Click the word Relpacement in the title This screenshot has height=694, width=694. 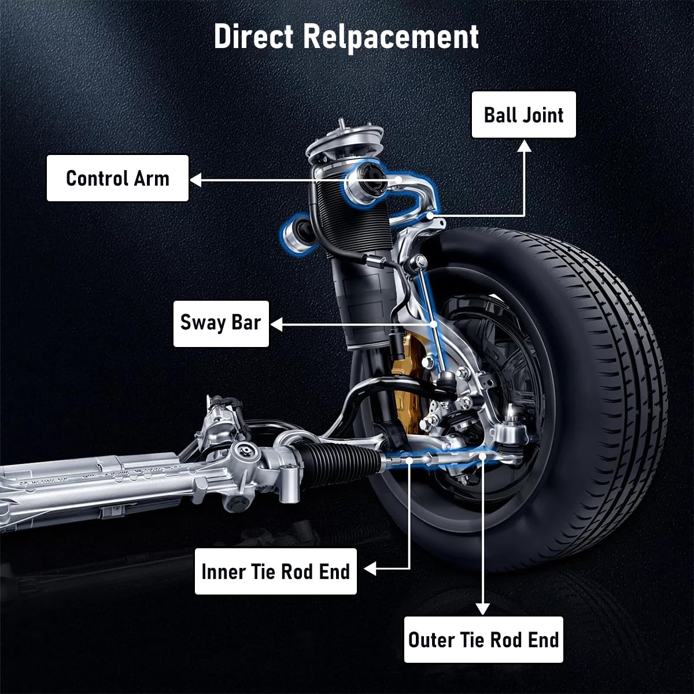(391, 37)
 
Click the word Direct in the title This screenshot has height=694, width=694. (254, 37)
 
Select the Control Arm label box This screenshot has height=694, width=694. (117, 178)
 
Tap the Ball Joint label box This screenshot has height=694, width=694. (523, 115)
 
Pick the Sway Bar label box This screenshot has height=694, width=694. (221, 323)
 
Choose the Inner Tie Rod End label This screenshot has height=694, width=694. (275, 571)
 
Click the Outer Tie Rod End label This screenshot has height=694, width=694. (483, 640)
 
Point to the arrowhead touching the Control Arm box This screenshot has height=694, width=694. (196, 180)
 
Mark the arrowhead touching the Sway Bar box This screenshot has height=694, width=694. (276, 325)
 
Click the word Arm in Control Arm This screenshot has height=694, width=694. (152, 178)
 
